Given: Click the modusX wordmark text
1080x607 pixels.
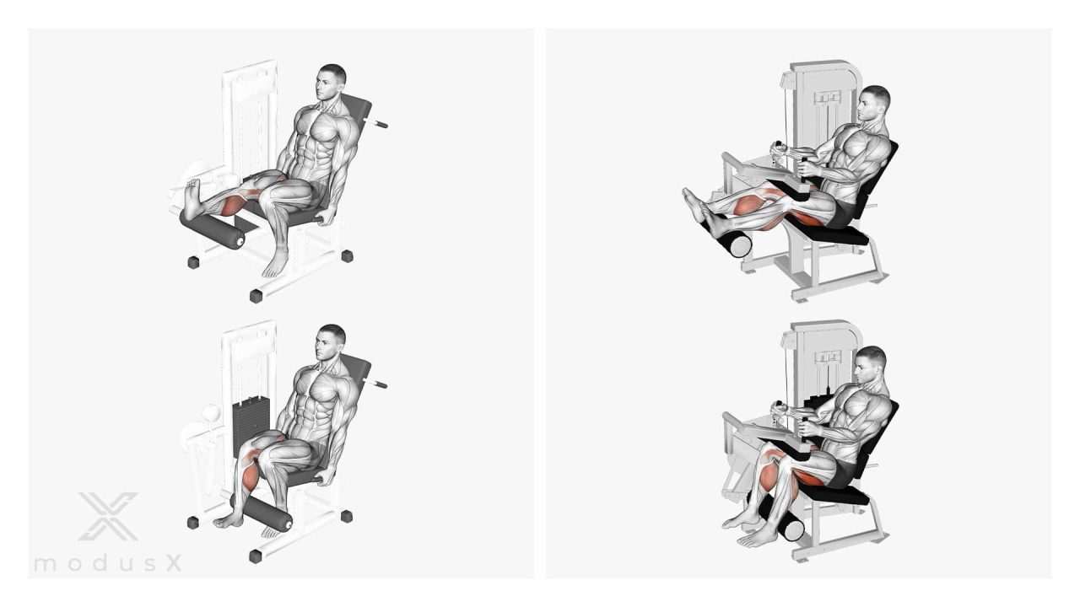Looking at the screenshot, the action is pyautogui.click(x=108, y=563).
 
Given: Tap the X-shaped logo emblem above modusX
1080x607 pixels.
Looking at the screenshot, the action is pyautogui.click(x=108, y=516).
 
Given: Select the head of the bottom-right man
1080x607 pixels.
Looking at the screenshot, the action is pyautogui.click(x=871, y=366).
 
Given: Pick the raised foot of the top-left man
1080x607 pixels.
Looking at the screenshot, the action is pyautogui.click(x=194, y=197).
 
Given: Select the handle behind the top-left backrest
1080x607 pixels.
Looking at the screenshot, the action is pyautogui.click(x=375, y=123).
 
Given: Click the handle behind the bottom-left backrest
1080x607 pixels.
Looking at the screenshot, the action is pyautogui.click(x=375, y=383).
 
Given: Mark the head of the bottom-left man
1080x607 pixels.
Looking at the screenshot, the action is pyautogui.click(x=331, y=343).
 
